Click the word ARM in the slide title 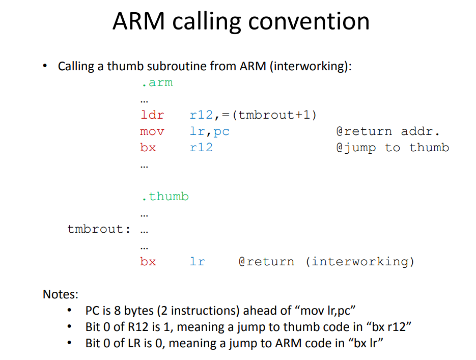click(139, 21)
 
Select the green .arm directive click(157, 82)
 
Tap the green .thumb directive click(165, 197)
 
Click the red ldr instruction click(152, 115)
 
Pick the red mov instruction click(152, 131)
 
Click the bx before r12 click(148, 148)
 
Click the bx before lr click(148, 262)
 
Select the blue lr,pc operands click(209, 131)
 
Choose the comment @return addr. click(387, 131)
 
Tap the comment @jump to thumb click(392, 148)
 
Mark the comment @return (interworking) click(326, 262)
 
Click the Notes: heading click(61, 294)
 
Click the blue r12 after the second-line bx click(201, 148)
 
